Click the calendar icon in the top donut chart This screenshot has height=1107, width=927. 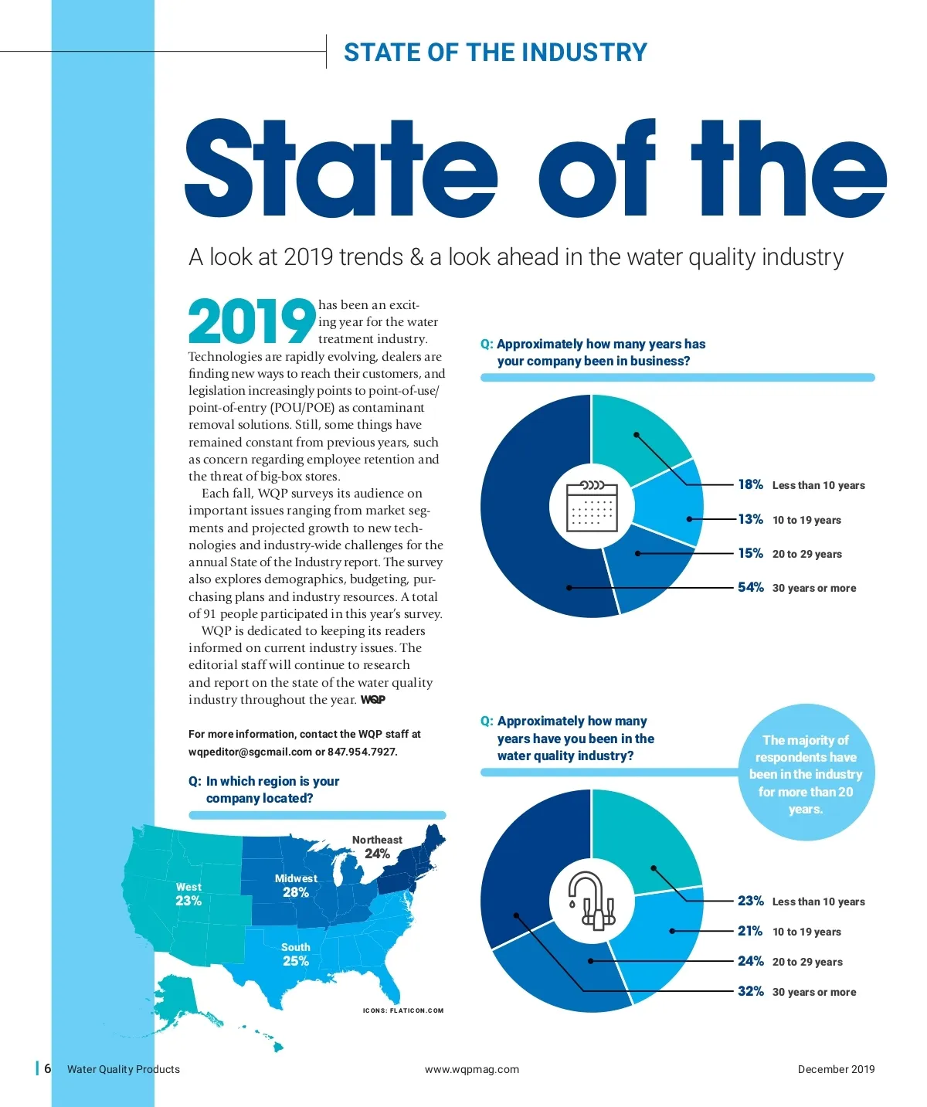click(x=592, y=506)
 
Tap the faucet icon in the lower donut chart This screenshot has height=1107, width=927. click(x=591, y=902)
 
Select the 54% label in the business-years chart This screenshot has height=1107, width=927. click(x=750, y=587)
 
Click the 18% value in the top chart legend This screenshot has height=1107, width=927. click(x=750, y=484)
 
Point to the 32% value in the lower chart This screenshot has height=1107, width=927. click(x=750, y=991)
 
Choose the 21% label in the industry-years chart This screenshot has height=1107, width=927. click(x=750, y=931)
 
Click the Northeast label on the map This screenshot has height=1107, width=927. click(x=377, y=840)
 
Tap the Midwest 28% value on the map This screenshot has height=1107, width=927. click(x=296, y=892)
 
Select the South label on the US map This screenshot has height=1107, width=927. click(x=296, y=947)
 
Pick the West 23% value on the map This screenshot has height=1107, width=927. click(x=188, y=901)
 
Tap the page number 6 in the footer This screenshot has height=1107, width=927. click(x=48, y=1068)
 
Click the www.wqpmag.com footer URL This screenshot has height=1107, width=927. click(x=472, y=1069)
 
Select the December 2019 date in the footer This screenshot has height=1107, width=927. click(x=836, y=1069)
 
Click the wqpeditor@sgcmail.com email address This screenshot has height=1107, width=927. click(x=250, y=752)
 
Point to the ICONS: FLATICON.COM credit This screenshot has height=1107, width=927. click(x=403, y=1010)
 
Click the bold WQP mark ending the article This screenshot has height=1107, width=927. click(x=373, y=700)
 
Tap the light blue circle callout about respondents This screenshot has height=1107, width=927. click(x=805, y=773)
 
